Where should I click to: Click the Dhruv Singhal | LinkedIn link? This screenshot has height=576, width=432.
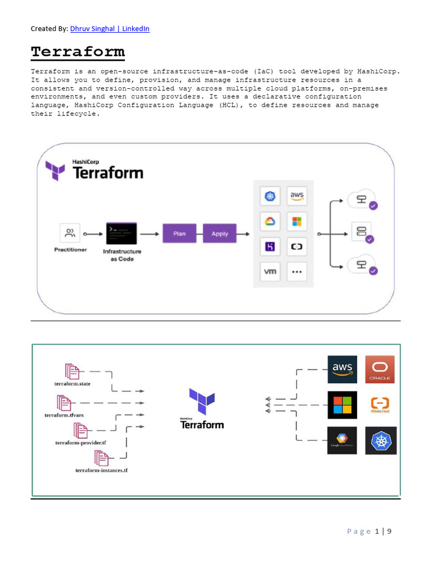110,28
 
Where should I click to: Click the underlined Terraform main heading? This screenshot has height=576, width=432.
78,52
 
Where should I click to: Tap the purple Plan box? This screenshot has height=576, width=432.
179,233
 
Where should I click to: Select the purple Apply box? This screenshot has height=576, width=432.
220,233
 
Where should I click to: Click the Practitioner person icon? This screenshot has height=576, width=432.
70,233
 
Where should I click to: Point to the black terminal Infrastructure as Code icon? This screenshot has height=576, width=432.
121,233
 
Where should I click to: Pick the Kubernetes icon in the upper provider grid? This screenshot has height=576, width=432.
271,196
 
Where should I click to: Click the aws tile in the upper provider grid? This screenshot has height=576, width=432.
297,196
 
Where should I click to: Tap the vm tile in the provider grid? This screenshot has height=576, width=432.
271,272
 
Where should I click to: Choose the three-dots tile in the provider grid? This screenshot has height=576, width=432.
297,272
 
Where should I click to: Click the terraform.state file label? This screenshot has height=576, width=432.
69,383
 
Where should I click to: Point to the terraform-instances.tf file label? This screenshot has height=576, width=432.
101,470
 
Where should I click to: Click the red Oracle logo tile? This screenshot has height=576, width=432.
380,370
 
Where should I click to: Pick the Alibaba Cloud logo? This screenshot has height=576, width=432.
380,405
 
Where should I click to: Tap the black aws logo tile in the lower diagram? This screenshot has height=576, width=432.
342,370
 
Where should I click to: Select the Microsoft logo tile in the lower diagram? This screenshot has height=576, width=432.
342,404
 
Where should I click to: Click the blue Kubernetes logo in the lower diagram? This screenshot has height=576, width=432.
380,440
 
